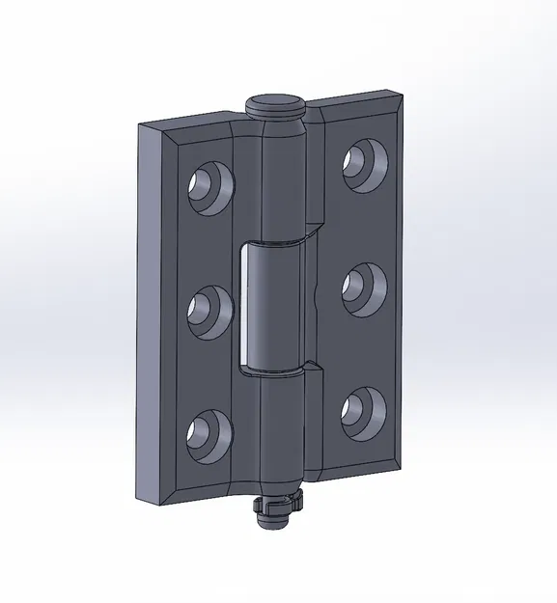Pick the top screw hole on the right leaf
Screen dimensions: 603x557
362,159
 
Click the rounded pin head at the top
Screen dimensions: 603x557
277,103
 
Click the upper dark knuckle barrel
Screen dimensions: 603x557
283,183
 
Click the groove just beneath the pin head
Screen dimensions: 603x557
278,117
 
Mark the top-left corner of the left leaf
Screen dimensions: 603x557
142,126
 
